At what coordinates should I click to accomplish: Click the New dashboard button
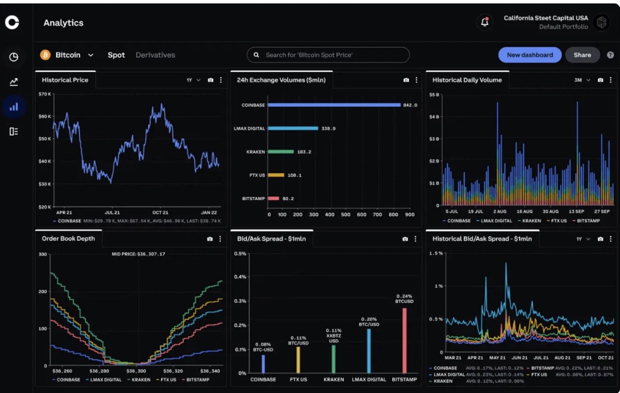point(529,55)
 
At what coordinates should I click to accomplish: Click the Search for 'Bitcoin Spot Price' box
point(328,55)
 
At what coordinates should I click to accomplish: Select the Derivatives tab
point(155,55)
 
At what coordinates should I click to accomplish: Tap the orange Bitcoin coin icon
point(46,55)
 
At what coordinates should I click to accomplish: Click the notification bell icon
point(484,22)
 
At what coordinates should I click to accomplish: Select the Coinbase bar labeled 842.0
point(334,105)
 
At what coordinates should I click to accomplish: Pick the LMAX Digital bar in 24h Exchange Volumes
point(293,128)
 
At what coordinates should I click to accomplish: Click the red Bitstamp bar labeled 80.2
point(273,198)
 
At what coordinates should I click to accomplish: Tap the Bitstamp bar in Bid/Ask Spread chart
point(404,340)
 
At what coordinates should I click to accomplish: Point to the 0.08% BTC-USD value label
point(263,346)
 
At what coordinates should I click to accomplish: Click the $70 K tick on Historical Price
point(45,94)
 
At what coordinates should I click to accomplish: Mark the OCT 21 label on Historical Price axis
point(160,212)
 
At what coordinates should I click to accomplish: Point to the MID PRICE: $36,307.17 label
point(138,254)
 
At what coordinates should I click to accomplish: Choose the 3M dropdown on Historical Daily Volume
point(582,80)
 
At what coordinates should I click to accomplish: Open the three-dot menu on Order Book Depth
point(220,239)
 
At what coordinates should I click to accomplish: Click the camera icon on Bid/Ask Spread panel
point(405,239)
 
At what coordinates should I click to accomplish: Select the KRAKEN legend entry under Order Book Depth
point(138,380)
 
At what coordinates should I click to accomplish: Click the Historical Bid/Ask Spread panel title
point(481,239)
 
